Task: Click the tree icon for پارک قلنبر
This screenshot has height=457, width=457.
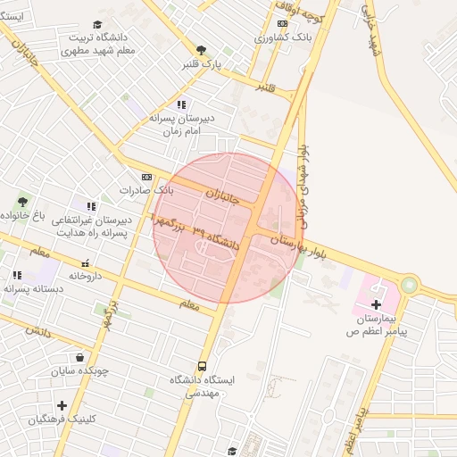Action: pos(201,50)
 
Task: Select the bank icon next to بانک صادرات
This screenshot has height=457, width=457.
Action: pos(146,177)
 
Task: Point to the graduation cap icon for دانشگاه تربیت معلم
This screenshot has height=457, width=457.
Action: pos(97,25)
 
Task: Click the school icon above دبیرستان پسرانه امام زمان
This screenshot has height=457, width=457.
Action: pos(182,104)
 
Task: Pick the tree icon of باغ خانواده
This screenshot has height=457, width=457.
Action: pos(21,202)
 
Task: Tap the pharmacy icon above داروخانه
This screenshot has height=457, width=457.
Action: pos(85,263)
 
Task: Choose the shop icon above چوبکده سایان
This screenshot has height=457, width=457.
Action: pos(80,357)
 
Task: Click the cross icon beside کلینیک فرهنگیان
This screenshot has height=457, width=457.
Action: pos(61,405)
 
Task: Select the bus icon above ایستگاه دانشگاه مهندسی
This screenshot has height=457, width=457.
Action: pos(202,366)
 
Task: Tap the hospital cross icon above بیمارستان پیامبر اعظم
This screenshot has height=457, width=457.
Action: pos(376,305)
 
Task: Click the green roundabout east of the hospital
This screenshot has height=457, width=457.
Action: pos(409,286)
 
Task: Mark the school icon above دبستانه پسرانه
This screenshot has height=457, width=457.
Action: pos(16,275)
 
